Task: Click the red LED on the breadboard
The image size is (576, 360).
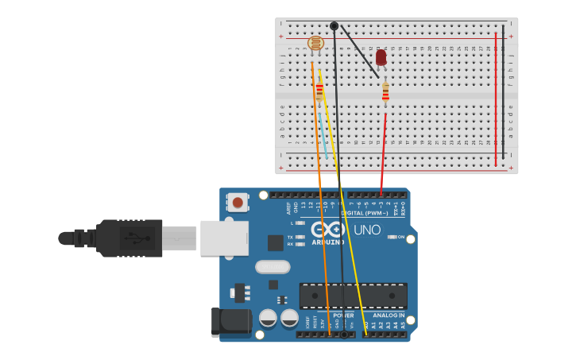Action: tap(381, 57)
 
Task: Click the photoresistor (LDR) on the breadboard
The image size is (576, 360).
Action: tap(315, 43)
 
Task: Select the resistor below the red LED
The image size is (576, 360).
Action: tap(385, 93)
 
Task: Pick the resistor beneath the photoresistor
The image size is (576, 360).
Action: tap(319, 90)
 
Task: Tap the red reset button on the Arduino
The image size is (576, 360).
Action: tap(237, 203)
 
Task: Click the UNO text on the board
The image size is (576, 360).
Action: tap(366, 230)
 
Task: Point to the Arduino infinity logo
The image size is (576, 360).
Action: tap(327, 230)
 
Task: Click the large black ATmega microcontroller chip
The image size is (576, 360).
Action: tap(353, 296)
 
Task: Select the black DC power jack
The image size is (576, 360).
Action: tap(230, 322)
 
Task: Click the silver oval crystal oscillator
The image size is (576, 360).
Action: tap(273, 267)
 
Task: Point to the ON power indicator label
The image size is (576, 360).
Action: tap(400, 238)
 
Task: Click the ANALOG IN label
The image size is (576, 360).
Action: tap(389, 315)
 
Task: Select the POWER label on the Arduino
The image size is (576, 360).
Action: tap(343, 315)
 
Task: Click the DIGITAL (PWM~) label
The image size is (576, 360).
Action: tap(364, 213)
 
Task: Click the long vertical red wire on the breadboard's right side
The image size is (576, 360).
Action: tap(496, 99)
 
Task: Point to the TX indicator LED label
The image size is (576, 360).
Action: tap(290, 237)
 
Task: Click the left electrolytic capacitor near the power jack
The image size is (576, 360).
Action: tap(269, 319)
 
